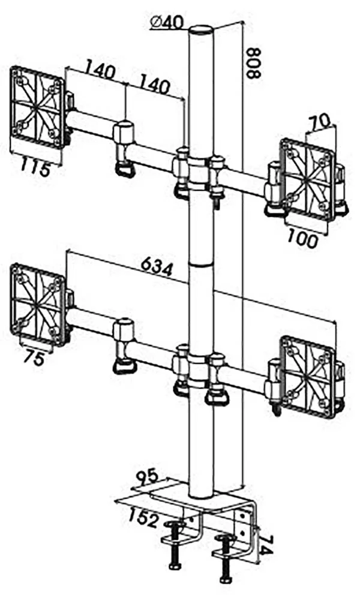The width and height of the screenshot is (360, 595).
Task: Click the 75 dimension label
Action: click(35, 358)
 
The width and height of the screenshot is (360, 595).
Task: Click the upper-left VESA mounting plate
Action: click(37, 108)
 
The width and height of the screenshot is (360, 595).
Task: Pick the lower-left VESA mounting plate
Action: click(37, 304)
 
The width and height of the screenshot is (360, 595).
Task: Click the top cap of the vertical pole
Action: click(201, 29)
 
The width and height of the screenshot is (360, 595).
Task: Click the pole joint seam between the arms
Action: click(202, 263)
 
